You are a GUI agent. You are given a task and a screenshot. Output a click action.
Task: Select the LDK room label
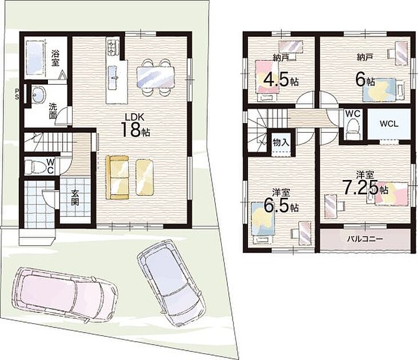(x=135, y=117)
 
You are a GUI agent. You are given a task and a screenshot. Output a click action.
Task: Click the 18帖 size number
(x=135, y=130)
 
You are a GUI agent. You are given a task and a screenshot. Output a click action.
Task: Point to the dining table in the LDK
(x=155, y=77)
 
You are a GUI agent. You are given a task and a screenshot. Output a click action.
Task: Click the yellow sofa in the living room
(x=117, y=177)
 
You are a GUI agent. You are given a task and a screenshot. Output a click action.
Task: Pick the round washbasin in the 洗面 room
(x=39, y=94)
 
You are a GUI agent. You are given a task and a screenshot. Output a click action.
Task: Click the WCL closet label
(x=389, y=124)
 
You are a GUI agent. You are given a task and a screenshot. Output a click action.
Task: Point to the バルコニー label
(x=365, y=239)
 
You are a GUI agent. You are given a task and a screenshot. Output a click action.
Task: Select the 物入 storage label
(x=281, y=143)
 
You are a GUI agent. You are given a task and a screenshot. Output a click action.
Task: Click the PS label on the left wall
(x=17, y=94)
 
